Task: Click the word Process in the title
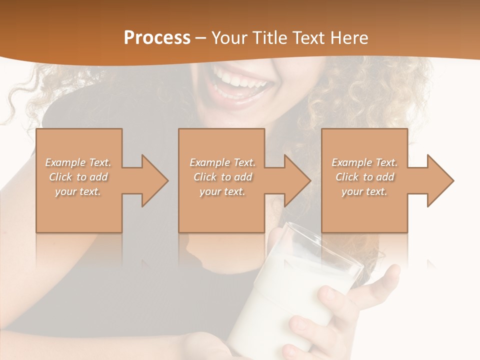point(157,38)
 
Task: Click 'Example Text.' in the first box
point(78,162)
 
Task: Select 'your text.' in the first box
point(78,191)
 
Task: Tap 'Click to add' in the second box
point(222,177)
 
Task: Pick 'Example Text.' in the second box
point(222,162)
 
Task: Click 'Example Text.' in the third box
point(364,162)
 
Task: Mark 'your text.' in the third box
point(364,191)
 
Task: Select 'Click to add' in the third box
point(364,177)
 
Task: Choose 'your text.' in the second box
point(222,191)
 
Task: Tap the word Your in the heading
point(229,38)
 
